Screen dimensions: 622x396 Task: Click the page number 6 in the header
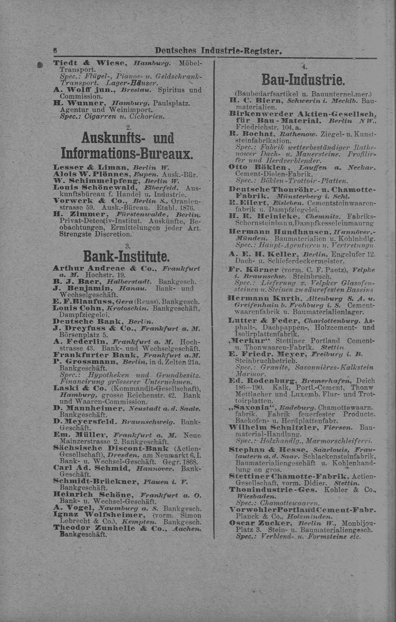click(x=55, y=51)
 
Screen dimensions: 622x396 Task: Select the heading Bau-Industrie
click(x=303, y=80)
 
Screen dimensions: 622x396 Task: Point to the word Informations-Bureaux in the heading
click(x=127, y=153)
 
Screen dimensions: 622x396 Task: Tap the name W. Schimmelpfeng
click(x=95, y=180)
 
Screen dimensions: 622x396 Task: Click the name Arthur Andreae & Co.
click(x=105, y=268)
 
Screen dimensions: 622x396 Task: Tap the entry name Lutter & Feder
click(x=259, y=320)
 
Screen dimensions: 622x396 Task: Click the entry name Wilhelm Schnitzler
click(x=273, y=427)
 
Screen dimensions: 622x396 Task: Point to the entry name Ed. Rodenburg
click(x=262, y=380)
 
